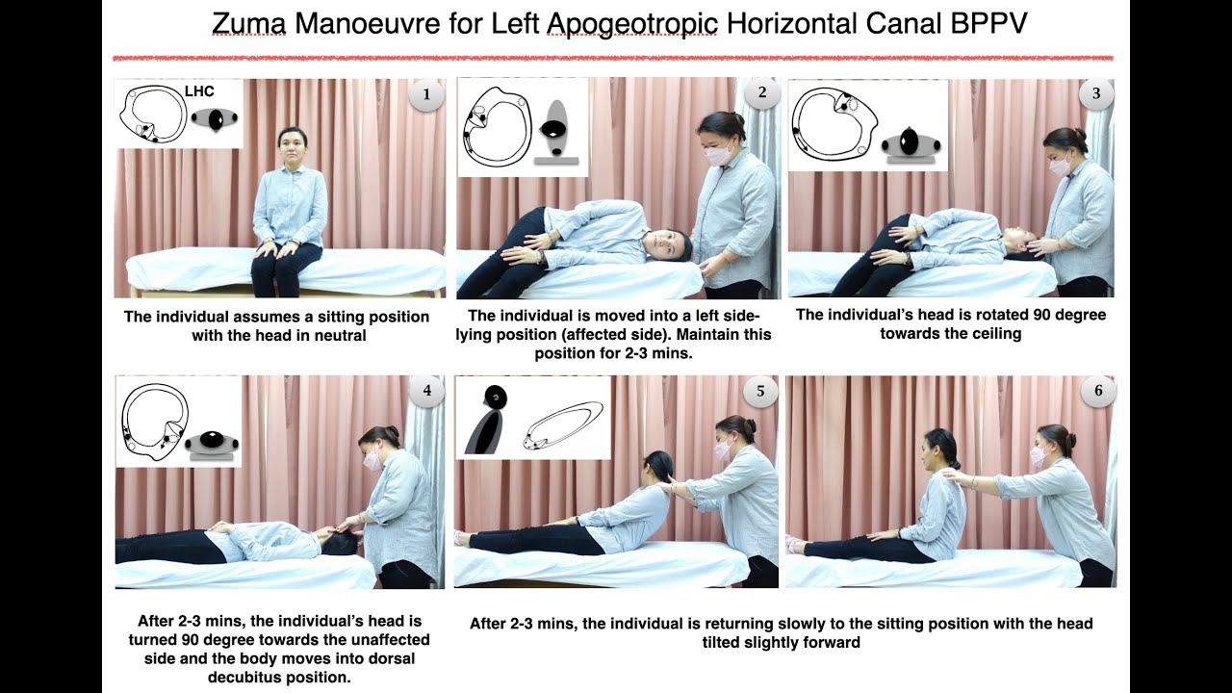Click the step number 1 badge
[x=426, y=94]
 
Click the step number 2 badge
[x=762, y=92]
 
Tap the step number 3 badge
[x=1096, y=93]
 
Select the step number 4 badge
[x=426, y=390]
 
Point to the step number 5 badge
[x=760, y=391]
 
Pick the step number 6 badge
[x=1098, y=391]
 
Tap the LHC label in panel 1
[x=198, y=91]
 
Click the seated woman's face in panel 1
[x=291, y=147]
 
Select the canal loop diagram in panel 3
[x=834, y=122]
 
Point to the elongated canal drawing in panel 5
[x=563, y=426]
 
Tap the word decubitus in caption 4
[x=249, y=676]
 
